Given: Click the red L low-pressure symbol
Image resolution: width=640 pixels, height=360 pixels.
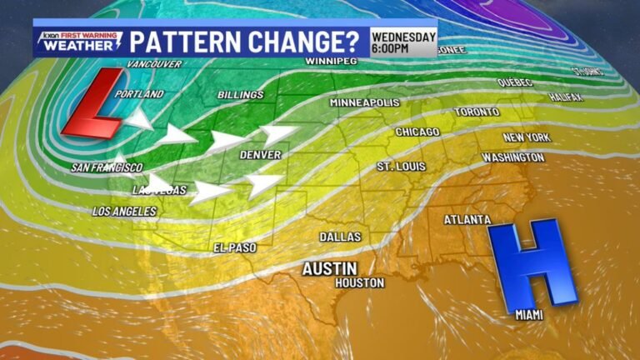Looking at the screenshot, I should click(x=92, y=104).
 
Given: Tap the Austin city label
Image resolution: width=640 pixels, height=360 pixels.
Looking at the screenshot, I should click(x=329, y=268).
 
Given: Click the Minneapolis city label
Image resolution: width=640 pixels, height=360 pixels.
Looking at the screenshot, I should click(x=364, y=102).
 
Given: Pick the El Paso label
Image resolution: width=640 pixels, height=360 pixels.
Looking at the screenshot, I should click(x=235, y=247).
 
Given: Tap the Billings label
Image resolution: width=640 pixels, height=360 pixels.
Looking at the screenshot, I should click(x=240, y=95).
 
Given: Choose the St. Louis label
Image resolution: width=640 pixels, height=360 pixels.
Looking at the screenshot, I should click(x=396, y=167).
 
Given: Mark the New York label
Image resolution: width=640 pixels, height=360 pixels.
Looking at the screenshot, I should click(x=527, y=137).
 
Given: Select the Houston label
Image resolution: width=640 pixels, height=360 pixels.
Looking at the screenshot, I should click(x=359, y=283).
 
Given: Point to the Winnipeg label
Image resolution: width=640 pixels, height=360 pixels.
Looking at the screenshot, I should click(x=330, y=62).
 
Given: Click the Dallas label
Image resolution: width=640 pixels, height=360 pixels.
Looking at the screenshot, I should click(x=340, y=237).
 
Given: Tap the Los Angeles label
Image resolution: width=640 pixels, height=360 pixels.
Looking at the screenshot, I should click(x=124, y=211).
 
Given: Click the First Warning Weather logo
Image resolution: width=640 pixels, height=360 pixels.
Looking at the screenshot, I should click(x=70, y=42).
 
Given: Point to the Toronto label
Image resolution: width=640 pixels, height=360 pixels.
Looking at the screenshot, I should click(x=477, y=112).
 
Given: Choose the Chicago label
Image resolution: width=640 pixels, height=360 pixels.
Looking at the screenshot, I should click(x=417, y=132).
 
